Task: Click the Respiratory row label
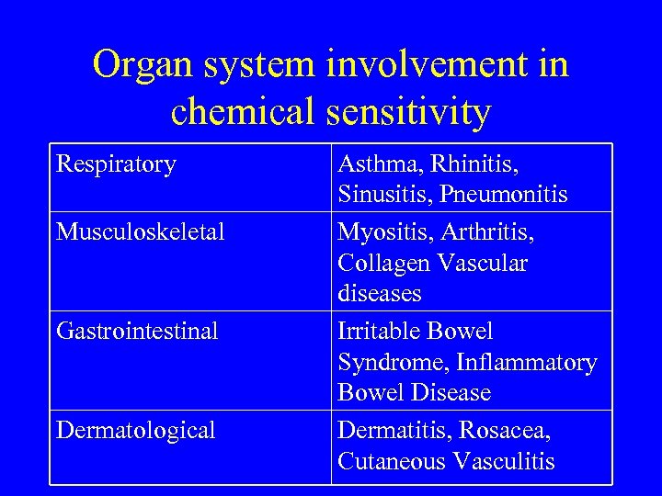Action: point(116,164)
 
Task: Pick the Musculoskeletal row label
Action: point(140,232)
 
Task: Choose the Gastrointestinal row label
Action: point(137,331)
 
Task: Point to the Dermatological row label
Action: point(135,430)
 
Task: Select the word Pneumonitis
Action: point(504,195)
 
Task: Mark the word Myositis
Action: point(378,232)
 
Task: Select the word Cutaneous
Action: point(386,461)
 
